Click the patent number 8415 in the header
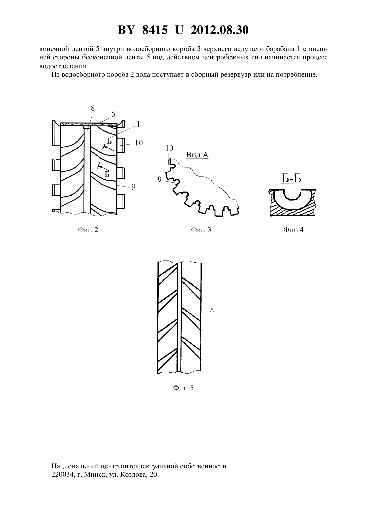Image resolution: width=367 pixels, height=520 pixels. (x=155, y=30)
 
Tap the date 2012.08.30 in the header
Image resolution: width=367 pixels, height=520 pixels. (x=219, y=30)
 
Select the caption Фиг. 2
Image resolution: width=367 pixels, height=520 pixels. (x=88, y=230)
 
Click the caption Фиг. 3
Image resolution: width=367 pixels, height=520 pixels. (x=201, y=230)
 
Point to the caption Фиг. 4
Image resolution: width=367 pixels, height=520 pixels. (x=293, y=230)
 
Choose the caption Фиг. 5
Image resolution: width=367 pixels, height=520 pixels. (x=183, y=388)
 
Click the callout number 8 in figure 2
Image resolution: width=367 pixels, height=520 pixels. (x=93, y=108)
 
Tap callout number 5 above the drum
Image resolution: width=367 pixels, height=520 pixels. (x=113, y=114)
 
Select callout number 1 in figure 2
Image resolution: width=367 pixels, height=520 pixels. (x=138, y=124)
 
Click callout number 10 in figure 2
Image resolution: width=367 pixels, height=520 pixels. (x=139, y=143)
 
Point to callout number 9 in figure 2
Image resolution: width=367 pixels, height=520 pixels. (x=133, y=187)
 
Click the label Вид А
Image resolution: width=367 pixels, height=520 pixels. (x=197, y=155)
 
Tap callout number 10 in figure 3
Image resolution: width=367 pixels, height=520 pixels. (x=169, y=148)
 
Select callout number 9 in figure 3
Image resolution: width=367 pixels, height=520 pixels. (x=159, y=179)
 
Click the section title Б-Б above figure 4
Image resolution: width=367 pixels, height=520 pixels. (x=291, y=179)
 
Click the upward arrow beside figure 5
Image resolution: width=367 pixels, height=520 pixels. (x=212, y=319)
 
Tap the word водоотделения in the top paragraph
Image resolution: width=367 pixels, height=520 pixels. (x=64, y=66)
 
